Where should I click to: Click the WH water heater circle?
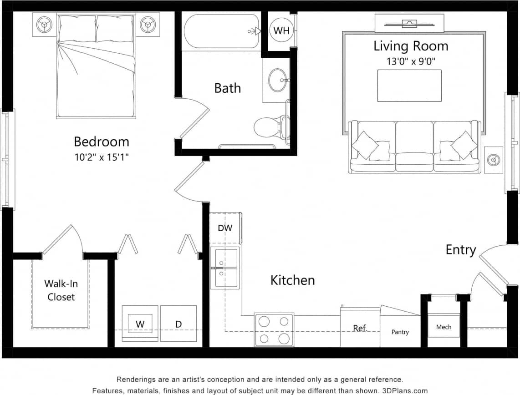tap(281, 31)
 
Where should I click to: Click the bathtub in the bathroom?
tap(221, 31)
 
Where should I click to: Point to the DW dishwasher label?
tap(225, 228)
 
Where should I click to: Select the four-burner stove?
tap(274, 329)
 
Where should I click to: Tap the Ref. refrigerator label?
tap(360, 328)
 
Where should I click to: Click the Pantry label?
tap(400, 332)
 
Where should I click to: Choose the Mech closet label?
tap(444, 327)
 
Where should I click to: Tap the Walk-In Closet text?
tap(61, 290)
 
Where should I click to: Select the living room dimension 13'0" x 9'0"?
tap(410, 61)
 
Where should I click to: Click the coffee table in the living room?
tap(409, 86)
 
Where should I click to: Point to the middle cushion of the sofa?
tap(414, 146)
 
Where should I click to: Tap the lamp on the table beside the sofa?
tap(494, 160)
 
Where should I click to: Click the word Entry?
tap(460, 250)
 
